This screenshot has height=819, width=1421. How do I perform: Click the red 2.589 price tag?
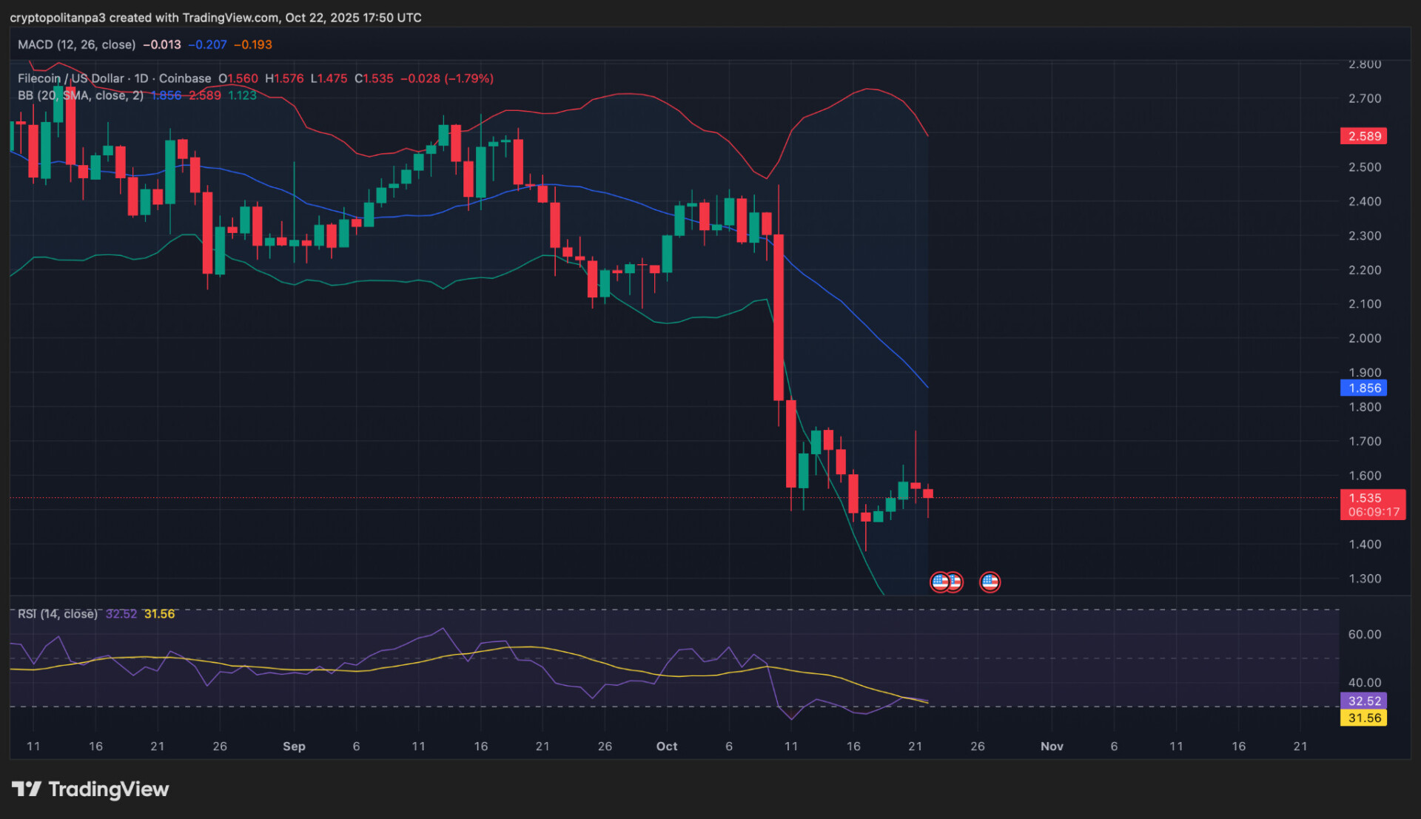click(x=1363, y=136)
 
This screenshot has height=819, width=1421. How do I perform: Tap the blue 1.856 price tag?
click(x=1363, y=388)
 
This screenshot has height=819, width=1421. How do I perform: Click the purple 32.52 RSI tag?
click(x=1363, y=701)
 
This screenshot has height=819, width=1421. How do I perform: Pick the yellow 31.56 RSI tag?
click(x=1363, y=718)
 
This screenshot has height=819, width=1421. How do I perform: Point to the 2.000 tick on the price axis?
click(x=1364, y=338)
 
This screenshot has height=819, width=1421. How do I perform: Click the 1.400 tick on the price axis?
click(x=1364, y=545)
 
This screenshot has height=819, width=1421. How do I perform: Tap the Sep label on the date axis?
click(x=294, y=746)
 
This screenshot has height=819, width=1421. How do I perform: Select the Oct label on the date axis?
click(x=666, y=746)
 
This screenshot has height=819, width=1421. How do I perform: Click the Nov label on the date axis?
click(x=1052, y=746)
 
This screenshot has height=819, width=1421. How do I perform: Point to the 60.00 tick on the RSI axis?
click(x=1364, y=634)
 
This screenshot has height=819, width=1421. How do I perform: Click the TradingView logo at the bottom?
click(x=90, y=789)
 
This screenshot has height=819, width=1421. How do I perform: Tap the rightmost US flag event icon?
click(x=990, y=582)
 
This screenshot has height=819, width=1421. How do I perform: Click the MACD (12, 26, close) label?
click(x=76, y=44)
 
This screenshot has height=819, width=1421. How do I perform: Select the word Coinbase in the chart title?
click(x=184, y=78)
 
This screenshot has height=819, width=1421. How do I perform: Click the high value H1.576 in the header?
click(x=284, y=78)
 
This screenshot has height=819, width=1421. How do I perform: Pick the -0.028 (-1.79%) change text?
click(x=446, y=78)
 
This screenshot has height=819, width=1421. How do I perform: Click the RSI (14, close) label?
click(x=57, y=614)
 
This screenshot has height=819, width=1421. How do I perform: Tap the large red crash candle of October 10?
click(x=779, y=318)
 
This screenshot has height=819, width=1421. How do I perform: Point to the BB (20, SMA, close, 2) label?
click(x=80, y=95)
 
